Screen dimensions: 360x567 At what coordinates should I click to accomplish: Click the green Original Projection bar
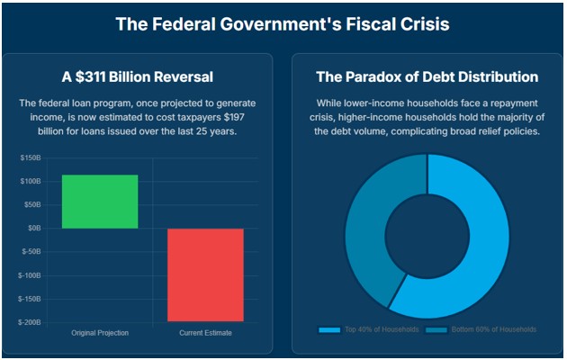(100, 202)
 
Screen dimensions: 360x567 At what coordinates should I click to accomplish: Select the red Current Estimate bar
(205, 274)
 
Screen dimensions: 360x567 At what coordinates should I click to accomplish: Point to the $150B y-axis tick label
(31, 158)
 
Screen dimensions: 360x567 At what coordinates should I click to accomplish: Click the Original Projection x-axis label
(100, 333)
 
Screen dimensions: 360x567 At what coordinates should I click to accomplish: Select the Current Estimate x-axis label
(205, 333)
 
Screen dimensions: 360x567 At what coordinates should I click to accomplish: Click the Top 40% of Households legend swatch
(329, 330)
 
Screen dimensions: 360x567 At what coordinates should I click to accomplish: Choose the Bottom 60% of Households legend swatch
(436, 330)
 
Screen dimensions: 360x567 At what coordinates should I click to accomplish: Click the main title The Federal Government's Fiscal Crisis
(283, 24)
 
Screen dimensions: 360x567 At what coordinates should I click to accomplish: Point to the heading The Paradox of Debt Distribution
(427, 76)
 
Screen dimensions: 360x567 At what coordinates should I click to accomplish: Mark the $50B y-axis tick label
(33, 205)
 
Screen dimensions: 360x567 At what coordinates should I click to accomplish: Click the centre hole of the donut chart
(427, 237)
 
